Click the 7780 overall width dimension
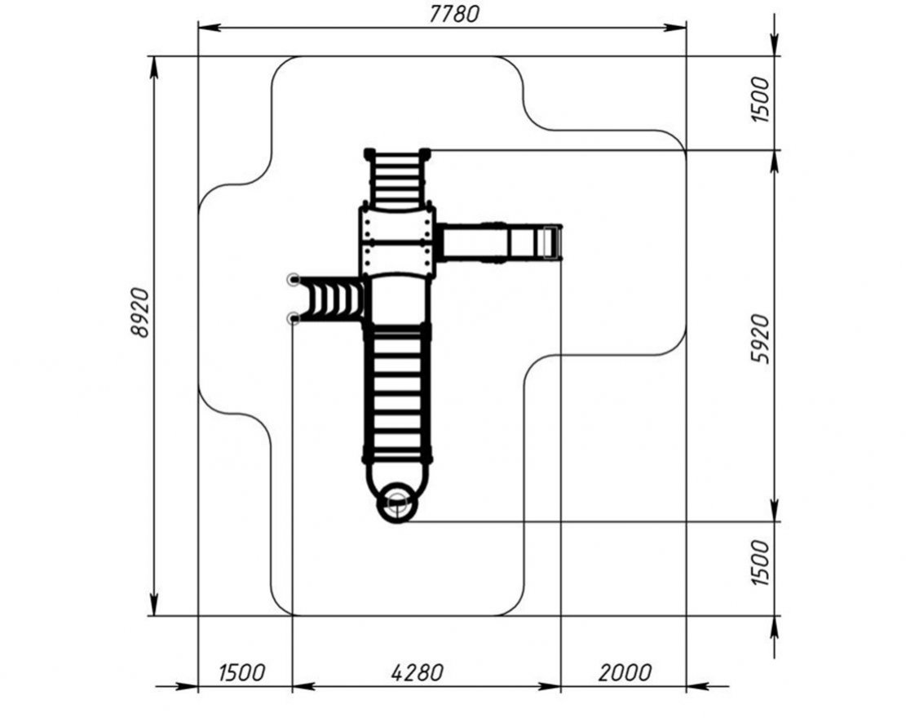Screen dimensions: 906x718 (454, 14)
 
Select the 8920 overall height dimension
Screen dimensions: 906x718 (140, 312)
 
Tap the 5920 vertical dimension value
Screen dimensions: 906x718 (761, 339)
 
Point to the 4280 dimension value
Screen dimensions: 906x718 (418, 673)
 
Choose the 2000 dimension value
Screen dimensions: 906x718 (625, 673)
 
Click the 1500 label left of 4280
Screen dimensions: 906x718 (241, 673)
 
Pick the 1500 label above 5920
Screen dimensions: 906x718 (761, 100)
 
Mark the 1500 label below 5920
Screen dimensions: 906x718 (761, 562)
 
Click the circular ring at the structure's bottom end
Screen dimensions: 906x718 (396, 503)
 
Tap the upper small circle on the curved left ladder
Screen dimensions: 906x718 (294, 280)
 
